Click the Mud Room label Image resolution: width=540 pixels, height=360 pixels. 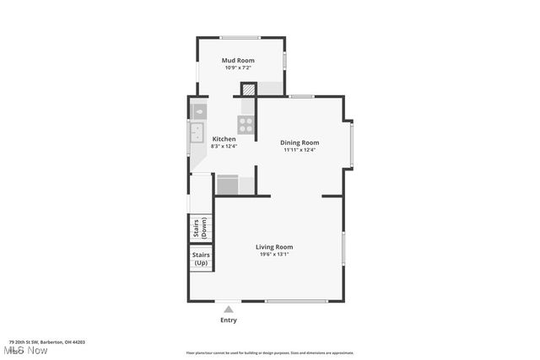click(238, 61)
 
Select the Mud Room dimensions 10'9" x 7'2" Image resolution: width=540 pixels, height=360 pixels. click(238, 68)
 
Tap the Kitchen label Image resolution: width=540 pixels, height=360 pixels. click(224, 138)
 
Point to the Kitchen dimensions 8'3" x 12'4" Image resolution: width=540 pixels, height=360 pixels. click(224, 146)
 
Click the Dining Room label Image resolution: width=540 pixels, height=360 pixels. click(300, 142)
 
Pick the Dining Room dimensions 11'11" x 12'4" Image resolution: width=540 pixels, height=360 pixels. click(300, 150)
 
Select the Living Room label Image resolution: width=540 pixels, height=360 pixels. click(274, 247)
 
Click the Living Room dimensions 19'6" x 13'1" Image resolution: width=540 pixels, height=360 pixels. click(274, 255)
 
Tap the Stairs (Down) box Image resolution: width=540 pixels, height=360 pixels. click(201, 228)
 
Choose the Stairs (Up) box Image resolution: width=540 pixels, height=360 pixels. click(201, 258)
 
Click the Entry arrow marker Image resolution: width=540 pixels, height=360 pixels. click(228, 309)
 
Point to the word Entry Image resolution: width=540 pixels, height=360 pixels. click(229, 320)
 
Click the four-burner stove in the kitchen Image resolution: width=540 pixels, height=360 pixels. click(246, 125)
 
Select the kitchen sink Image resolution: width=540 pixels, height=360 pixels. click(197, 133)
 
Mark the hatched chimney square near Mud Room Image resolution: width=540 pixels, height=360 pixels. click(249, 89)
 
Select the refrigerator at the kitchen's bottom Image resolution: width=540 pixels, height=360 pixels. click(228, 185)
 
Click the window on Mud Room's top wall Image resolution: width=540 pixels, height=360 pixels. click(240, 37)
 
